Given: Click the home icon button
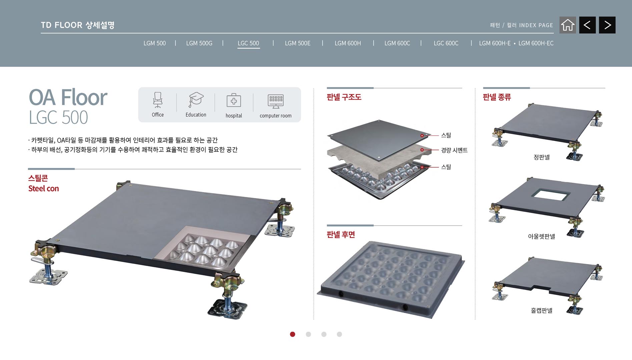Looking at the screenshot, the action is (x=568, y=25).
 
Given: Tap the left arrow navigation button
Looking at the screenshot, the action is (x=587, y=25).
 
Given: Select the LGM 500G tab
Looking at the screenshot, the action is (x=199, y=43).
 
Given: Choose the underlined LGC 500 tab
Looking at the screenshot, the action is (x=248, y=43).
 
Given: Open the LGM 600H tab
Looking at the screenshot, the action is (x=348, y=43).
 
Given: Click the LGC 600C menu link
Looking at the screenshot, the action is (x=446, y=43).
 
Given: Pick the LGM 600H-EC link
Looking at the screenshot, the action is (x=536, y=43).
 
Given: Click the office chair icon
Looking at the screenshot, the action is (x=158, y=100).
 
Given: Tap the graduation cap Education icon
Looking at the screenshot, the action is (x=196, y=100).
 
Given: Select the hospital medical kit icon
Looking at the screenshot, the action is (x=234, y=100).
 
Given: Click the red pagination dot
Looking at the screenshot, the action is (x=292, y=334).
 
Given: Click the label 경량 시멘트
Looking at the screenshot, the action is (x=454, y=150).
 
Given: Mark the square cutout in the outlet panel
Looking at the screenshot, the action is (x=549, y=195).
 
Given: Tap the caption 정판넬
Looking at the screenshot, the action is (x=542, y=157).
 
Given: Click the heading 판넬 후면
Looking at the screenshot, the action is (x=341, y=235).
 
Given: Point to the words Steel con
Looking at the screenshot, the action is (x=44, y=189).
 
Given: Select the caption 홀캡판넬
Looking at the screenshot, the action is (x=542, y=310).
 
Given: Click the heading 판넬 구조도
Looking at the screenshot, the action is (x=344, y=97).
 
